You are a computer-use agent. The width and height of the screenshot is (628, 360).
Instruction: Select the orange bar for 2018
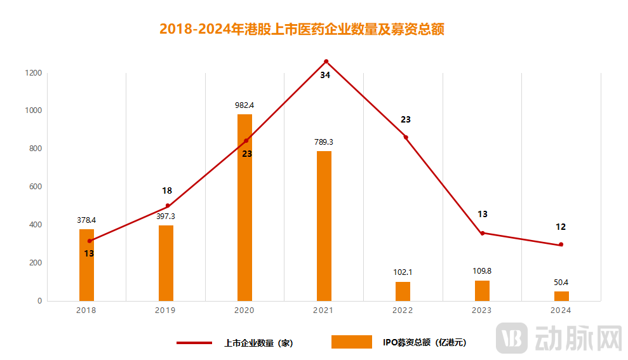pyautogui.click(x=86, y=265)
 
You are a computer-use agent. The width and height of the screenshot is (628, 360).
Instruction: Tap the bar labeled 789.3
pyautogui.click(x=324, y=225)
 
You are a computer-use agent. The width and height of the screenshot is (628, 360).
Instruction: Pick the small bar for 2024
pyautogui.click(x=561, y=296)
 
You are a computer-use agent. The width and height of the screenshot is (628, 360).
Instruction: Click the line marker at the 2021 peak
pyautogui.click(x=326, y=62)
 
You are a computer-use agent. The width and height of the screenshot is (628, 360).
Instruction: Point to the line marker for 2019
pyautogui.click(x=168, y=206)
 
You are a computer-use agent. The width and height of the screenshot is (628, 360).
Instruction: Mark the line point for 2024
pyautogui.click(x=561, y=244)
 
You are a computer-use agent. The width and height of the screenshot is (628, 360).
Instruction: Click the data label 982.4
pyautogui.click(x=244, y=105)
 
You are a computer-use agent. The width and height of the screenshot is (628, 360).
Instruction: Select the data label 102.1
pyautogui.click(x=403, y=272)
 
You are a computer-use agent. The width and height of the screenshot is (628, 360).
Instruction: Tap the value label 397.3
pyautogui.click(x=166, y=217)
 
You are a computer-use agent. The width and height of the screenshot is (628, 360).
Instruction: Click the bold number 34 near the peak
pyautogui.click(x=325, y=76)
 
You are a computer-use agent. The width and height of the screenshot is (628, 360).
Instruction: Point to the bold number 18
pyautogui.click(x=167, y=190)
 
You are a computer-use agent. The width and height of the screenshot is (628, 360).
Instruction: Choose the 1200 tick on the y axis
pyautogui.click(x=34, y=73)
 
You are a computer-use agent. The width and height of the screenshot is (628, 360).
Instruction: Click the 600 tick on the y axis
pyautogui.click(x=35, y=187)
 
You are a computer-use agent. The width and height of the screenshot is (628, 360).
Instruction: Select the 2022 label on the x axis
pyautogui.click(x=403, y=310)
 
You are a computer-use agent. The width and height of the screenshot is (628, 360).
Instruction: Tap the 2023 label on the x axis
pyautogui.click(x=482, y=310)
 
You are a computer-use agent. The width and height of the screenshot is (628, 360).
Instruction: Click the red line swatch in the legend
pyautogui.click(x=194, y=343)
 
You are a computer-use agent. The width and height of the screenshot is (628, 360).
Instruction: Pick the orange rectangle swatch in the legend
pyautogui.click(x=351, y=342)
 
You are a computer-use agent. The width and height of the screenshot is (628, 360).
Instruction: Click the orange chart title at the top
pyautogui.click(x=301, y=29)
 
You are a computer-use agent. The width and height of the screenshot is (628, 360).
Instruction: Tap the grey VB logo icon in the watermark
pyautogui.click(x=512, y=338)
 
